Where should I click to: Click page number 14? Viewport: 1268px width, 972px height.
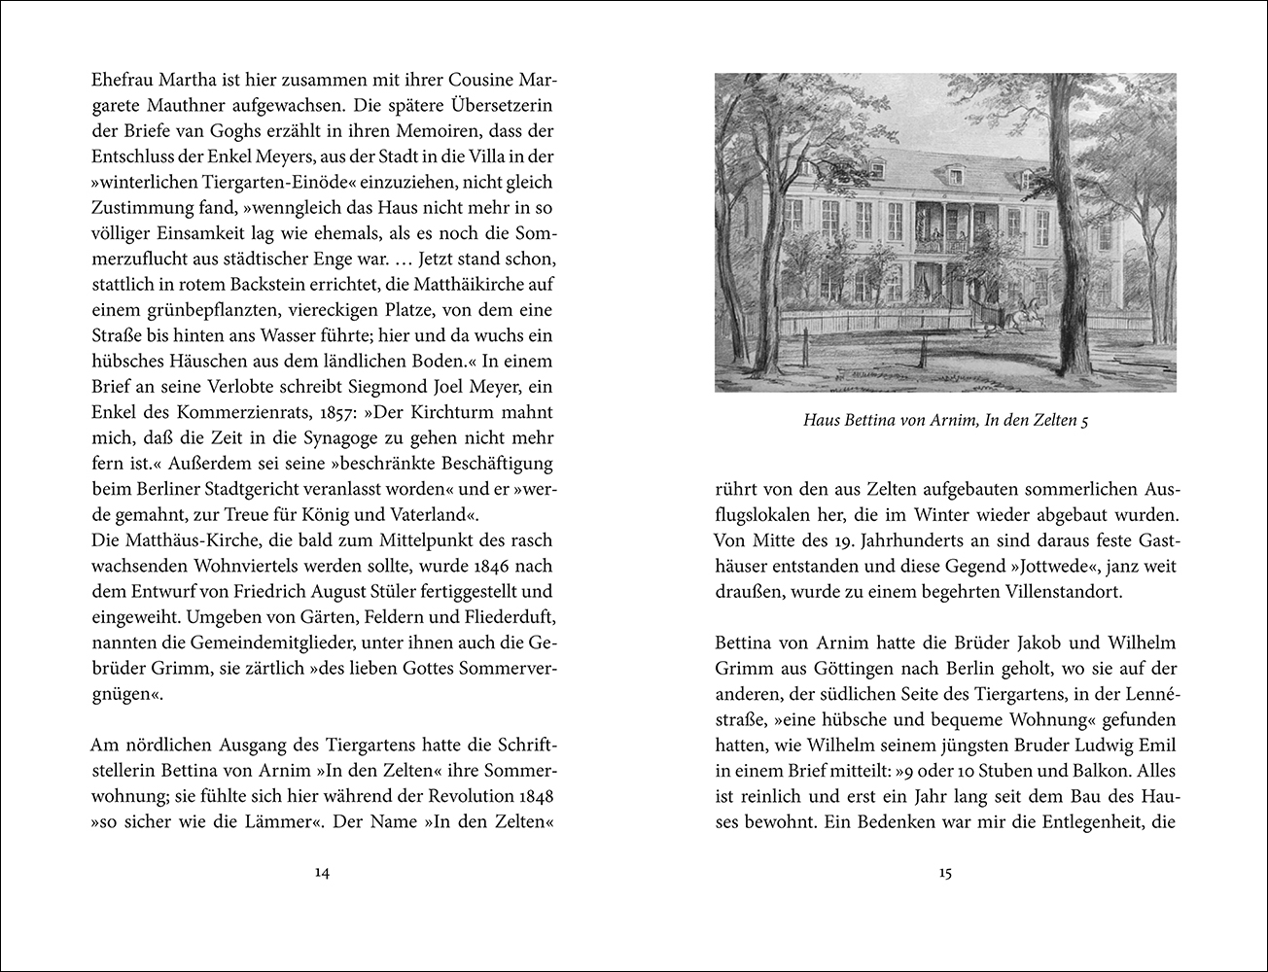(323, 873)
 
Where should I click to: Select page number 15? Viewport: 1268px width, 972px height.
(945, 873)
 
